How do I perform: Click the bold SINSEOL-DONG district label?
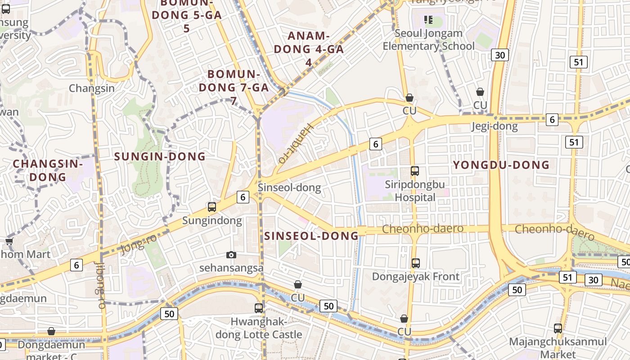[311, 236]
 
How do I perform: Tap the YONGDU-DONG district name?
[501, 165]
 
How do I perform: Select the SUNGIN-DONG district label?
[160, 157]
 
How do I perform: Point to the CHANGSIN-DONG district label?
[48, 170]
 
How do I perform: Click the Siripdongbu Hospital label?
[415, 191]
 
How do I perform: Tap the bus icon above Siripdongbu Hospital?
[415, 171]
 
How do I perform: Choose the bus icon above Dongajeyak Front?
[416, 263]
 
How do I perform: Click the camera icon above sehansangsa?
[231, 255]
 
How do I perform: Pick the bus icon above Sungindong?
[212, 207]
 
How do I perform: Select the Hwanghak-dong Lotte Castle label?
[259, 328]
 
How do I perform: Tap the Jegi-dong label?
[494, 126]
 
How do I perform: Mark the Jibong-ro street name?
[101, 285]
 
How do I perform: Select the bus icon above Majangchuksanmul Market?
[558, 328]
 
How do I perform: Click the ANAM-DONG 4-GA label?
[309, 49]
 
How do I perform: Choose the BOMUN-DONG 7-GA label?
[234, 87]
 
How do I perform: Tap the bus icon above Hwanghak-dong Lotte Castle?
[259, 308]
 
